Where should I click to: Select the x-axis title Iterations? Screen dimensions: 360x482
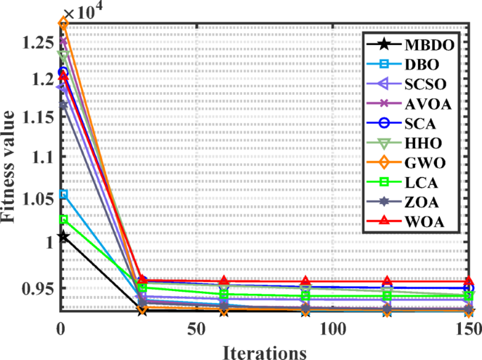(x=265, y=349)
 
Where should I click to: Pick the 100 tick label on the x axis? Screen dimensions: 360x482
(x=333, y=328)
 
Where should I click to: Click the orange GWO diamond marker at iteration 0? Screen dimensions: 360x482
(x=63, y=23)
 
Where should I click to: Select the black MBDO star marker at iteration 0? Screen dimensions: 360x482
(x=63, y=236)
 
